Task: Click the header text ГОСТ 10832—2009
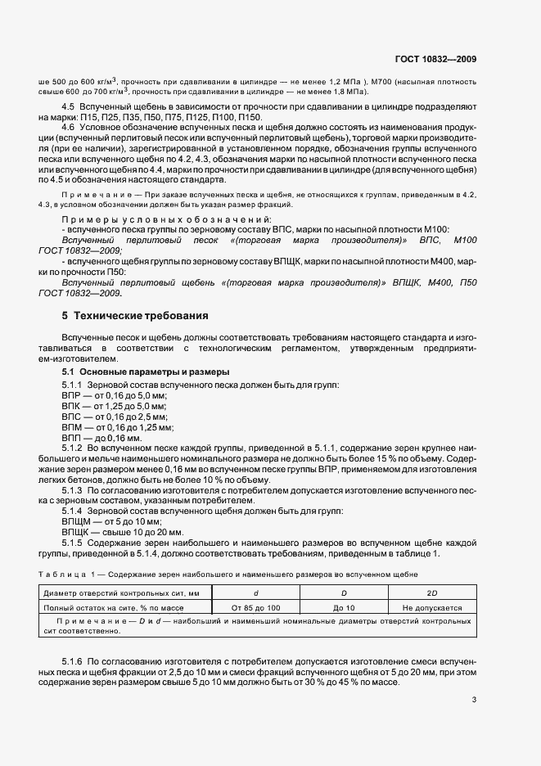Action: [x=435, y=58]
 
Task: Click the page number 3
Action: [x=474, y=700]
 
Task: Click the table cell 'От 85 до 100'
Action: [x=255, y=608]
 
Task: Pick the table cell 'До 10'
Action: [x=342, y=608]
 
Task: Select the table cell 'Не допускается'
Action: [x=432, y=608]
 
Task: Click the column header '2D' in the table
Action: [x=432, y=593]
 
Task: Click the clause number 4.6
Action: [x=68, y=128]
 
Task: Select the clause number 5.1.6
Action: [x=73, y=660]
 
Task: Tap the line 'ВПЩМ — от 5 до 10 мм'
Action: [x=112, y=521]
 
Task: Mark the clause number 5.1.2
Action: [x=73, y=448]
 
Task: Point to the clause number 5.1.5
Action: [x=73, y=543]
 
